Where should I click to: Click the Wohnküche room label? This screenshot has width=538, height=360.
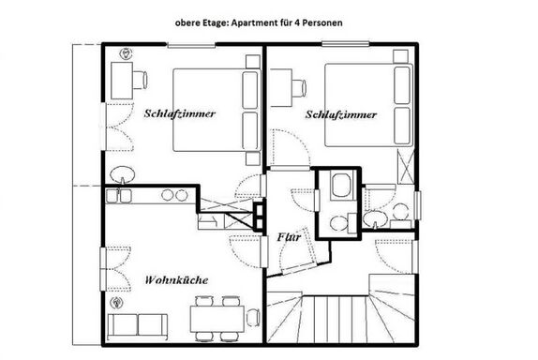point(176,280)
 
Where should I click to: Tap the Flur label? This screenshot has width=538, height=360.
point(289,237)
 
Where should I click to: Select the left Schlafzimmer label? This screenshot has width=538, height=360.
point(180,113)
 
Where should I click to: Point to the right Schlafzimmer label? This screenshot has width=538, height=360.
point(341,114)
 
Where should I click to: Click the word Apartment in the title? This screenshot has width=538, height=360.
point(252,23)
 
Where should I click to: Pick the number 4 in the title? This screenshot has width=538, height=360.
point(296,23)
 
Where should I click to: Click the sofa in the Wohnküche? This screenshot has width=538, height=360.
point(137,325)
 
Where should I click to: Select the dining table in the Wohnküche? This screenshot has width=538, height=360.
point(217,319)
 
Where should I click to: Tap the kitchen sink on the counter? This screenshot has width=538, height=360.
point(118,196)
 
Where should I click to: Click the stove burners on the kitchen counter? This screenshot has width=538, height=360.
point(174,195)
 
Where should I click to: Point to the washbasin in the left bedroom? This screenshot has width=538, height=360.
point(123,174)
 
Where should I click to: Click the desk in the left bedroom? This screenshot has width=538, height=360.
point(122,81)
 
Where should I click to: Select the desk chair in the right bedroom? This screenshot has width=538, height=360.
point(298,88)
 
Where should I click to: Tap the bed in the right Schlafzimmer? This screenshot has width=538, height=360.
point(368,105)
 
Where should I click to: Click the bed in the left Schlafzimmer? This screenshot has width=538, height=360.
point(217,111)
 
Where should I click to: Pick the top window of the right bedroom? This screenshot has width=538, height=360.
point(346,43)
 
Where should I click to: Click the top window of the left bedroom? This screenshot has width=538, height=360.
point(191,45)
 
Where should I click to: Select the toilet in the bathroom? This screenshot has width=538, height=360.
point(337,223)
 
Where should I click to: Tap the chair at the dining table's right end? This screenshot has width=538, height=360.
point(253,318)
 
